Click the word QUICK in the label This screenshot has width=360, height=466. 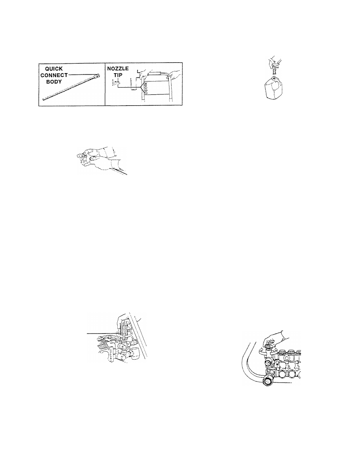(54, 69)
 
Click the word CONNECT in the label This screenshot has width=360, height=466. (54, 75)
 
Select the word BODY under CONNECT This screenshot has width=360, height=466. (54, 82)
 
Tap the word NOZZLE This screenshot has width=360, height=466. (118, 69)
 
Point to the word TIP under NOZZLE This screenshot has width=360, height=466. (118, 75)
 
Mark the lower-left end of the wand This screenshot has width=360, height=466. (43, 99)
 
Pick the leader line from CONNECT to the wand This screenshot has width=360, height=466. (82, 75)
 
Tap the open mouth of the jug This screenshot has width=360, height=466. (274, 78)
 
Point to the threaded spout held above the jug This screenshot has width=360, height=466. (274, 70)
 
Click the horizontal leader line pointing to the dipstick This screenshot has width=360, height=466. (102, 334)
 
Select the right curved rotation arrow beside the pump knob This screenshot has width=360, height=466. (275, 351)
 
